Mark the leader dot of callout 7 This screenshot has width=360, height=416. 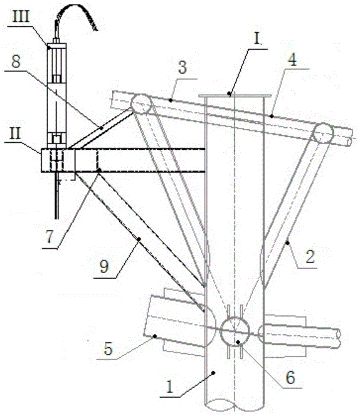click(x=99, y=170)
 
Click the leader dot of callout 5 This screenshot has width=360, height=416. click(x=153, y=335)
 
